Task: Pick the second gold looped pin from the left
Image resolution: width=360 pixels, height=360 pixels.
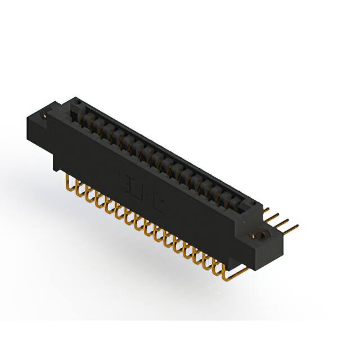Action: tap(78, 188)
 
